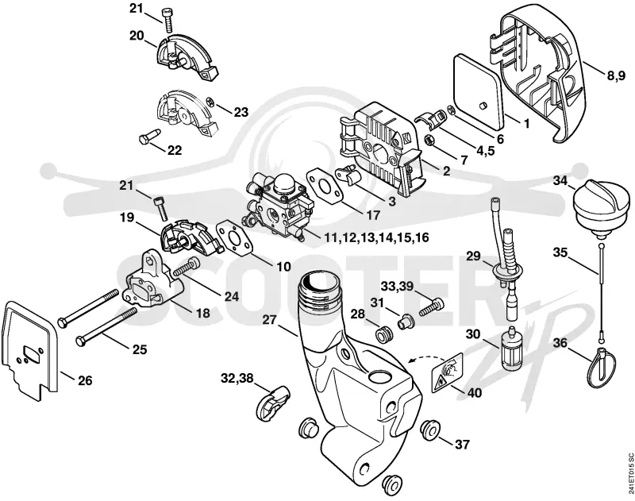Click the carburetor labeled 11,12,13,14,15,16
279,206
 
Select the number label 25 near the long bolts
140,349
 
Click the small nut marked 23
210,102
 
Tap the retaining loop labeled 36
601,368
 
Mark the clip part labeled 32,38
272,400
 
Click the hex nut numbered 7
429,141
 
